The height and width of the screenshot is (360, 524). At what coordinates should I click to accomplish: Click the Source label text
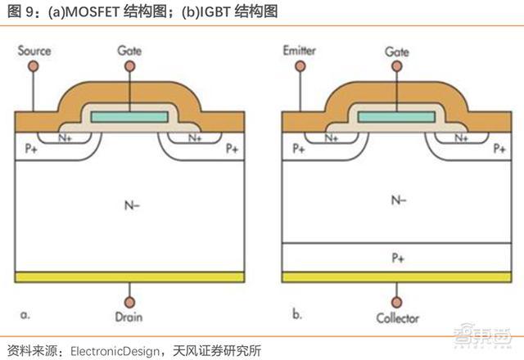34,51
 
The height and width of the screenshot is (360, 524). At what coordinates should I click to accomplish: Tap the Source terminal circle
33,66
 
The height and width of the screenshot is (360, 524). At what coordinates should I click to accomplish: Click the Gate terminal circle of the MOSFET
129,66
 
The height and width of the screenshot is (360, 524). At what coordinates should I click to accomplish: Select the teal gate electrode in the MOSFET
129,117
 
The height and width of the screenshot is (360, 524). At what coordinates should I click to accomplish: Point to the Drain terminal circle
129,302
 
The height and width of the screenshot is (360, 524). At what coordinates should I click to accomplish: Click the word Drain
129,317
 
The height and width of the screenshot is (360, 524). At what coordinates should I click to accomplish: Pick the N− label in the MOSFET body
132,205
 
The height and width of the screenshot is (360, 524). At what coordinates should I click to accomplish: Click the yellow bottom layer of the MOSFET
129,277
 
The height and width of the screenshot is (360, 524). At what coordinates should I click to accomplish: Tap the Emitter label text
300,51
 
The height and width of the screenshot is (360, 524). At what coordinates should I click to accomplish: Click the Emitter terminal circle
300,66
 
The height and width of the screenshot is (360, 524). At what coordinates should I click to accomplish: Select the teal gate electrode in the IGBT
396,117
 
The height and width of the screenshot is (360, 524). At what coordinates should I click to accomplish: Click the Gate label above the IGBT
396,52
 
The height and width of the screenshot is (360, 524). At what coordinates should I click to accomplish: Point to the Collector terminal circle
396,302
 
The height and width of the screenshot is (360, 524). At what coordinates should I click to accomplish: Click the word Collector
397,318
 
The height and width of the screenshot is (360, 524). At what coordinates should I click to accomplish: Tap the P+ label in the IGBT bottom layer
398,258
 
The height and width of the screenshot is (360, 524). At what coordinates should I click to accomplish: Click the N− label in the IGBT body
399,200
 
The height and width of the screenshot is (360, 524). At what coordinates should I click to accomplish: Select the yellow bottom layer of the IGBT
396,277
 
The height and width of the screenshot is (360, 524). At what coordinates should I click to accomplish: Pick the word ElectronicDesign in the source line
115,351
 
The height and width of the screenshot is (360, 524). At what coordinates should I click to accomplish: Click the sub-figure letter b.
296,314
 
